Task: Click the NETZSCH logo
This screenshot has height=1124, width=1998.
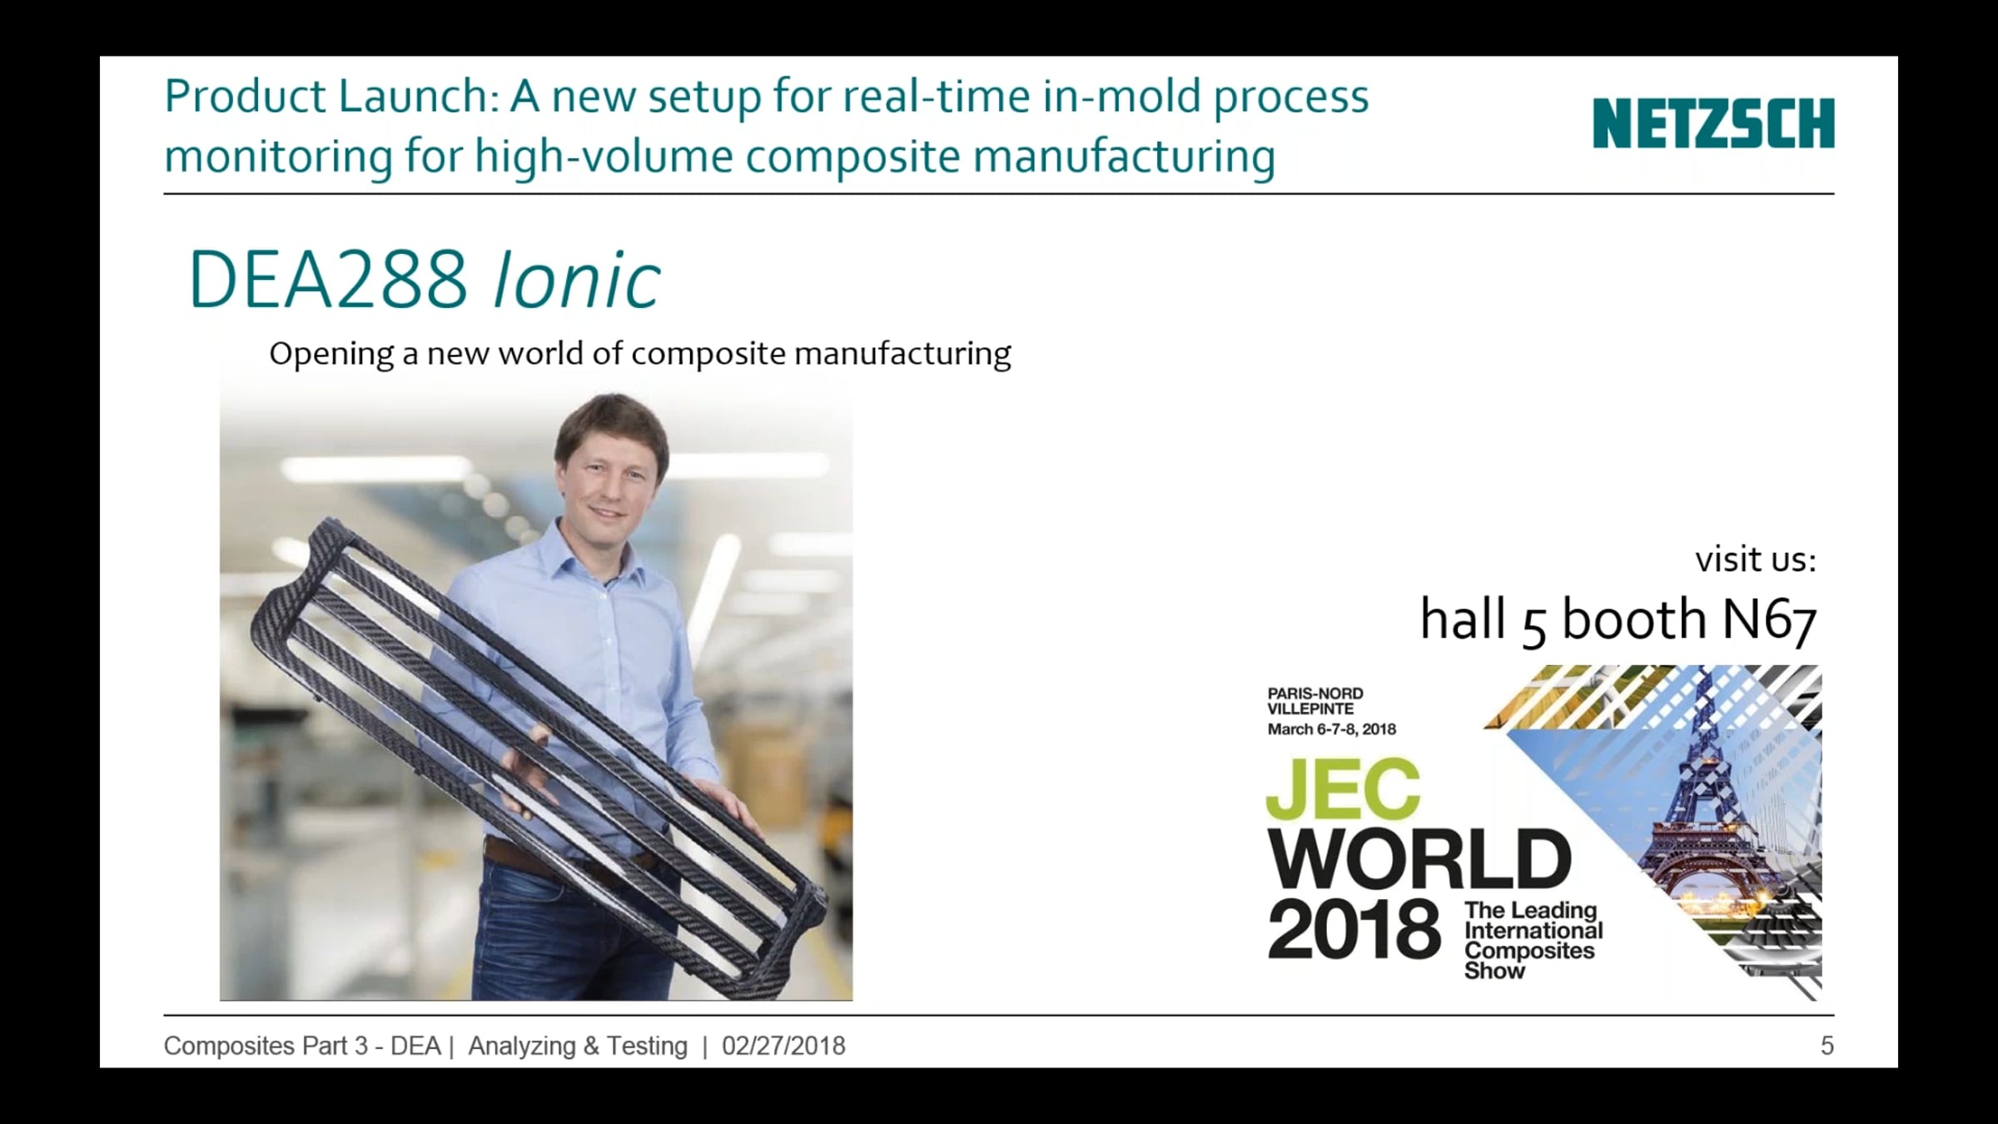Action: pos(1713,123)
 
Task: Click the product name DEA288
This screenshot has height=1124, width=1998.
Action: pos(329,280)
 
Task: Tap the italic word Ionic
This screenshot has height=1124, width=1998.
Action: pos(577,280)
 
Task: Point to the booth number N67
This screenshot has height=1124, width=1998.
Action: pos(1768,619)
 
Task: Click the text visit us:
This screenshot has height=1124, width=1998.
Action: pos(1756,560)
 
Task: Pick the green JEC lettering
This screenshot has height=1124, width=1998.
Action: pos(1343,789)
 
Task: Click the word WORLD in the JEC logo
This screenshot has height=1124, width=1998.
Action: pos(1419,860)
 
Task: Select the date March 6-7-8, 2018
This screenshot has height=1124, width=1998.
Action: pos(1331,729)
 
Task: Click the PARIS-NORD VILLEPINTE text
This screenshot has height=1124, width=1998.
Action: pos(1315,701)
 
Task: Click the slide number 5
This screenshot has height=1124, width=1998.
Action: pos(1827,1046)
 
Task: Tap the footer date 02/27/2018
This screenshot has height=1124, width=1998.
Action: pos(783,1046)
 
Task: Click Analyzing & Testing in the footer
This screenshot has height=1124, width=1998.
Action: pos(578,1046)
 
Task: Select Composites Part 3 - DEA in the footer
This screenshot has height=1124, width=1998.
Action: pos(302,1046)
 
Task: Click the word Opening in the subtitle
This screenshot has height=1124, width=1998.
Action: pos(331,355)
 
